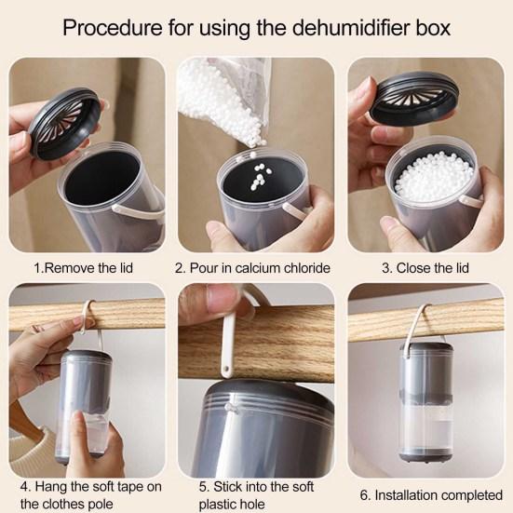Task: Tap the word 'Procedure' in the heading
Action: tap(113, 28)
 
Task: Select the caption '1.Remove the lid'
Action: tap(84, 268)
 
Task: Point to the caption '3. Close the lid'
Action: tap(425, 268)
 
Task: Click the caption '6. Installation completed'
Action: tap(431, 495)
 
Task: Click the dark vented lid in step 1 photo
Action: tap(65, 124)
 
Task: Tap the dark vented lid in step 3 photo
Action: tap(414, 98)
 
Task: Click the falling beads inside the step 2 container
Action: tap(261, 177)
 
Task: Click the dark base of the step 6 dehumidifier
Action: tap(425, 457)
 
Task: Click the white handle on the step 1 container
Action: tap(138, 211)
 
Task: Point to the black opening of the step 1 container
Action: tap(102, 179)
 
